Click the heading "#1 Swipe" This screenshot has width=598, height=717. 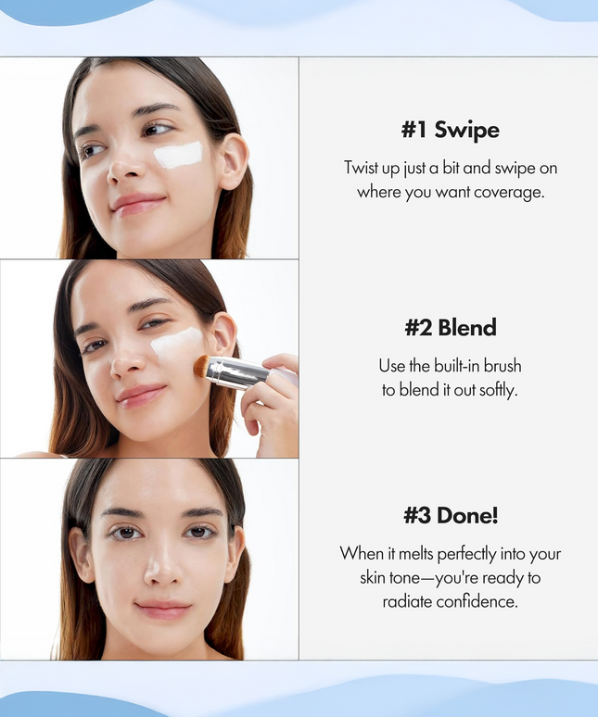pos(450,130)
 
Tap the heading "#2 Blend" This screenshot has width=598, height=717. pos(450,327)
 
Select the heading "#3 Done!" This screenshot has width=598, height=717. pos(450,515)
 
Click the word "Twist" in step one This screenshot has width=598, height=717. pos(363,168)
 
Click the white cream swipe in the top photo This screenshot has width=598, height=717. pos(178,155)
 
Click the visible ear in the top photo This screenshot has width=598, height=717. pos(233,160)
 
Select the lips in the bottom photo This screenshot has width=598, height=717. pos(163,609)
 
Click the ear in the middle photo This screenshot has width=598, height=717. pos(223,337)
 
